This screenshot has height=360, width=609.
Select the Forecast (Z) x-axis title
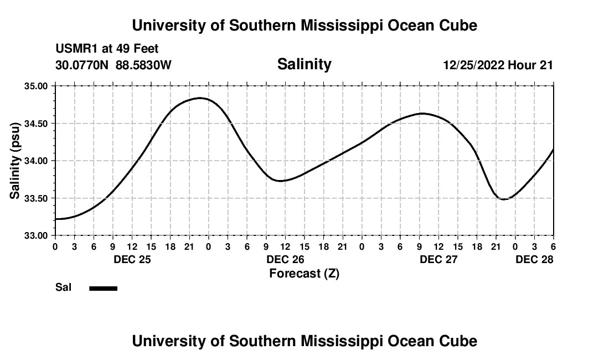tap(304, 273)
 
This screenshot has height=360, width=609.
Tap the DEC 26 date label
tap(285, 259)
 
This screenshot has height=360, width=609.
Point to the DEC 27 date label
tap(438, 259)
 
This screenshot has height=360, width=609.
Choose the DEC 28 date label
tap(534, 259)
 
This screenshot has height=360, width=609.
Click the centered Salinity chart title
tap(304, 64)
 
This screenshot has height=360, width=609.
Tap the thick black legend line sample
tap(103, 288)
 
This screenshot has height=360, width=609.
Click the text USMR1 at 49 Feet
tap(107, 49)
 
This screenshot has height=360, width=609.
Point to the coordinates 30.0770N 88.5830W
tap(113, 65)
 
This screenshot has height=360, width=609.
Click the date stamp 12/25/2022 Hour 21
tap(498, 65)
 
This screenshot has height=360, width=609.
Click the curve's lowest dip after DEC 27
tap(503, 199)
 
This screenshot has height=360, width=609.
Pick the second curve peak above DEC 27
tap(422, 114)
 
